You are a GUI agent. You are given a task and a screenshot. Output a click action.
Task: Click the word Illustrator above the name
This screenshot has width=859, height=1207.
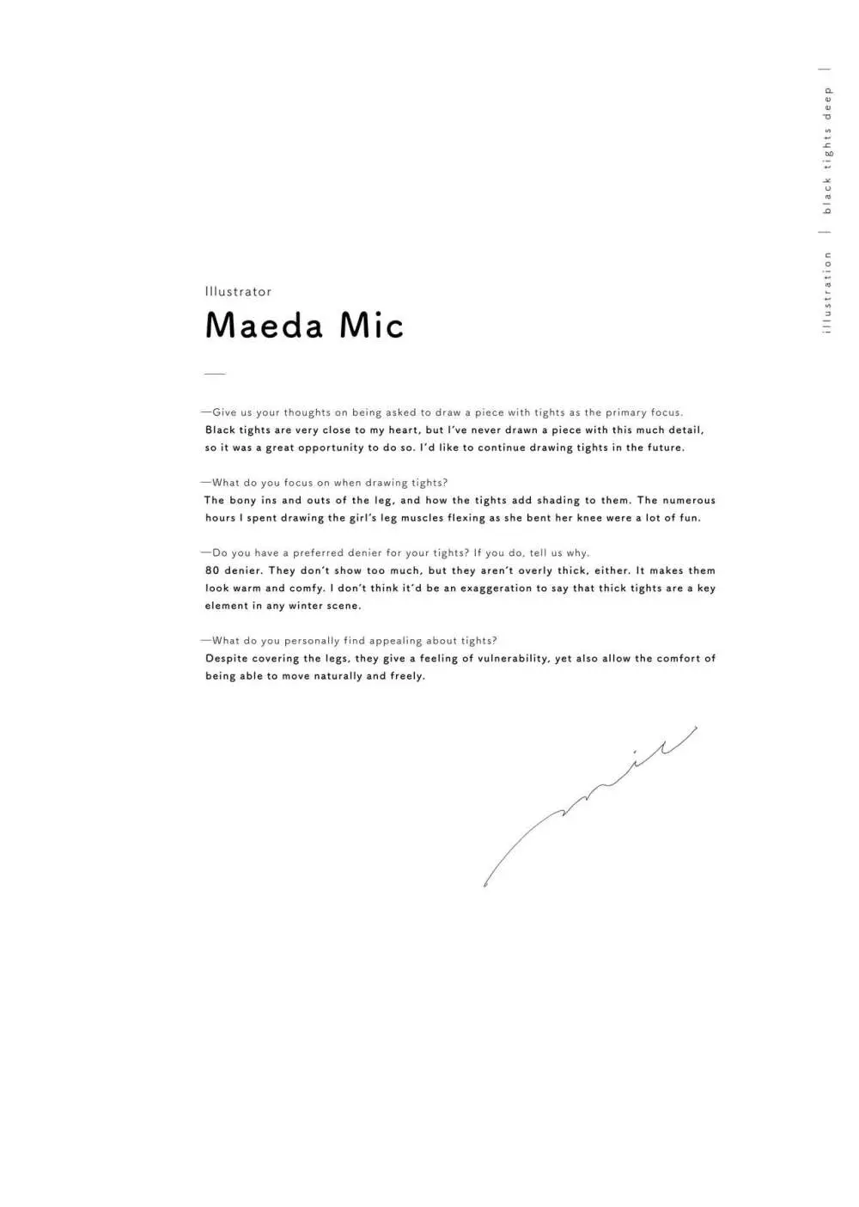238,292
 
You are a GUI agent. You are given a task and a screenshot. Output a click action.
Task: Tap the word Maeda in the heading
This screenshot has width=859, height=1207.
265,326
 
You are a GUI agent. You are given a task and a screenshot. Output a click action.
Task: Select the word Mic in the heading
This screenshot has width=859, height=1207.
371,326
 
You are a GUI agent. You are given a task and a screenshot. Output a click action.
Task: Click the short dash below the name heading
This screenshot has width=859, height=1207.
215,374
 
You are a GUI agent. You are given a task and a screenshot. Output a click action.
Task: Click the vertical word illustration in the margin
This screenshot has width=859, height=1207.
827,292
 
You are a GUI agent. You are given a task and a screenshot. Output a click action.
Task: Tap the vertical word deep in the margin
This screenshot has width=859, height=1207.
827,103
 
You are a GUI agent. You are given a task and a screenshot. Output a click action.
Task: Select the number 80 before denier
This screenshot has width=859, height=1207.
212,570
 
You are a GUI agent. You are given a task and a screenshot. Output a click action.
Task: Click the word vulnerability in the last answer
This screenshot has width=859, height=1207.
513,659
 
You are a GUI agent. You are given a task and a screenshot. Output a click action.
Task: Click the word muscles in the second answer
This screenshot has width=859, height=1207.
422,518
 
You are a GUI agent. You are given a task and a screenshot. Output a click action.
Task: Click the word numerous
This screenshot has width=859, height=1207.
688,500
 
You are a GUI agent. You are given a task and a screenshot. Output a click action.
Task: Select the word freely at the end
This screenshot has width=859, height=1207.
407,676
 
